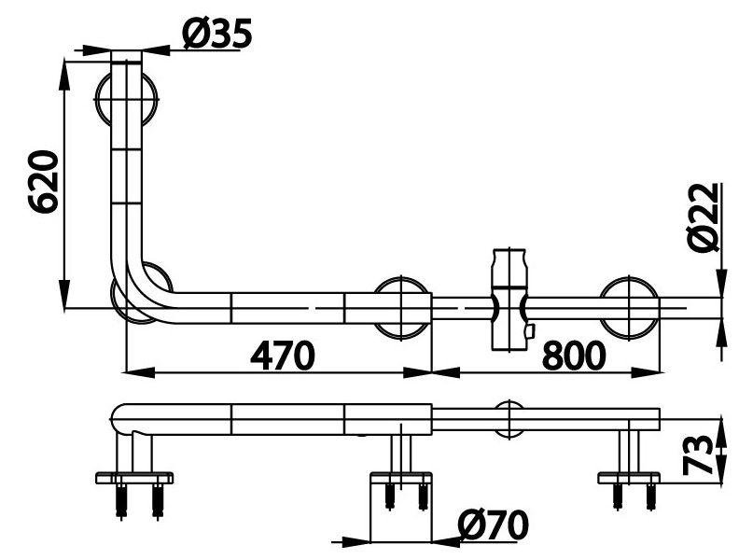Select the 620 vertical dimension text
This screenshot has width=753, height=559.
click(x=44, y=182)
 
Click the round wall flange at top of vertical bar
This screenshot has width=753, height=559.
click(x=128, y=94)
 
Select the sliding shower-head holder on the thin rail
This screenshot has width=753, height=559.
click(x=509, y=299)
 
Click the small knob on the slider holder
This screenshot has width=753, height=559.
click(x=528, y=331)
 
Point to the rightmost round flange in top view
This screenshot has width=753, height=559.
click(x=631, y=306)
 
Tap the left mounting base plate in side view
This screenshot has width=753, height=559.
click(x=134, y=479)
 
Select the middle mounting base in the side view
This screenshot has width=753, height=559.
click(x=401, y=478)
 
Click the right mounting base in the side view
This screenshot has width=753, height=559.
click(x=629, y=478)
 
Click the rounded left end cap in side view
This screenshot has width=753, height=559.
click(x=118, y=419)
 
